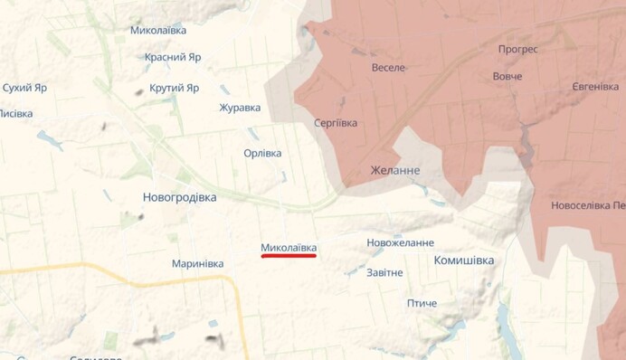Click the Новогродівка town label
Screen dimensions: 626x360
(x=179, y=197)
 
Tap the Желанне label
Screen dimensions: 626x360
(x=395, y=170)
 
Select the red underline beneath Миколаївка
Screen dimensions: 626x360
(x=289, y=256)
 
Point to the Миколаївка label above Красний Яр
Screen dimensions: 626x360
(x=158, y=30)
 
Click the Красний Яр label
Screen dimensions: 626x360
(x=173, y=56)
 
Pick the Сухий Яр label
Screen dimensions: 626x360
(x=24, y=88)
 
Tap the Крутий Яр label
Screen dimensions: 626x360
(x=174, y=88)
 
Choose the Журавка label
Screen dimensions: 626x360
(x=240, y=108)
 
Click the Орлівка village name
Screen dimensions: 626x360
(x=262, y=153)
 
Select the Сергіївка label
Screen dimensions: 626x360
(x=335, y=122)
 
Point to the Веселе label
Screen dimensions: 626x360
(x=389, y=68)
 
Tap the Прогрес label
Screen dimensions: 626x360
(x=517, y=50)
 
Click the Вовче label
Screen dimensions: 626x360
(x=507, y=76)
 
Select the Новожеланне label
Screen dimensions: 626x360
(x=400, y=242)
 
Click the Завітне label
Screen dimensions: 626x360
(x=384, y=272)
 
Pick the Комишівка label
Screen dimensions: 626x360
(x=464, y=261)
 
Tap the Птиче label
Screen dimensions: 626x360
(x=422, y=303)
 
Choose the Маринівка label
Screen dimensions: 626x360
(x=197, y=264)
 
